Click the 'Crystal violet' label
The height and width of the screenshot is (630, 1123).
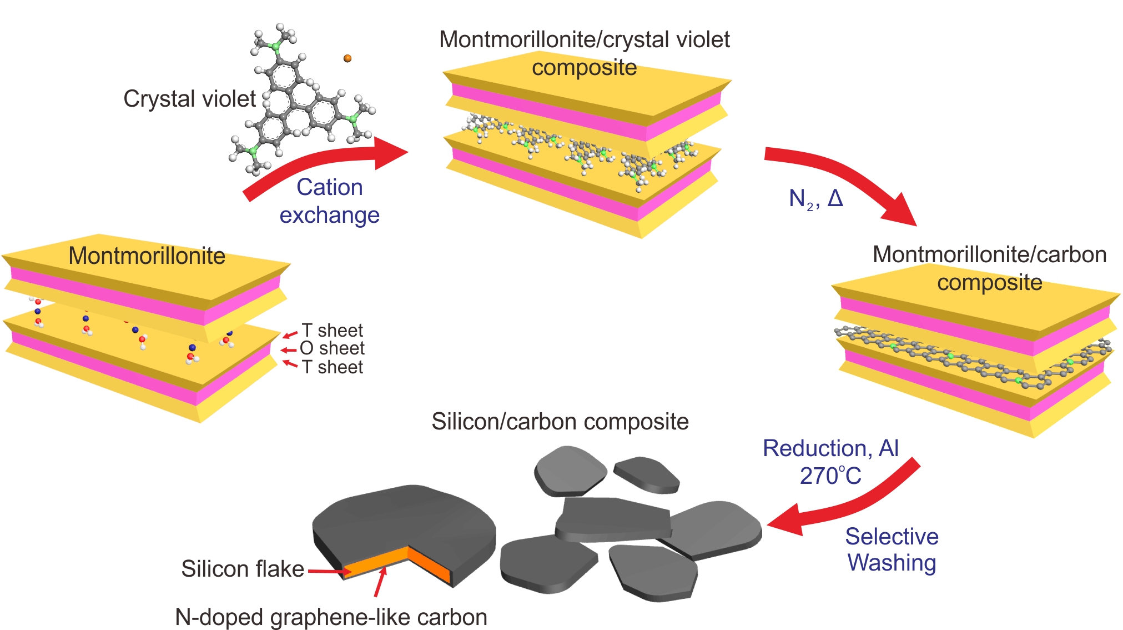189,99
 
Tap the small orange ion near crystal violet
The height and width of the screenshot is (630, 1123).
348,58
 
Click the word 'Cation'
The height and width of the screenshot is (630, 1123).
330,187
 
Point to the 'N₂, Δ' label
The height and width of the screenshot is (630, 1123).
815,198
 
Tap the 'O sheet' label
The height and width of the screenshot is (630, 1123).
332,348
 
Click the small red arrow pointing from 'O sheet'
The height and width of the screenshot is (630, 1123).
288,350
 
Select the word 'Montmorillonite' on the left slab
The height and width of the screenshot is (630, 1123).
147,256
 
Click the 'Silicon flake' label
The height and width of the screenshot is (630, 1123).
243,569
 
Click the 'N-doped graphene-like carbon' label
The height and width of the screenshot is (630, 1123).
331,617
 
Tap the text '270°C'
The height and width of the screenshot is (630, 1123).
830,476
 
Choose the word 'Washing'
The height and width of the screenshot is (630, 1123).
892,563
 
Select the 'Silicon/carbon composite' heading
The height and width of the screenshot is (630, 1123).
560,422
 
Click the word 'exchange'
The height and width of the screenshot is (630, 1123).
329,215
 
